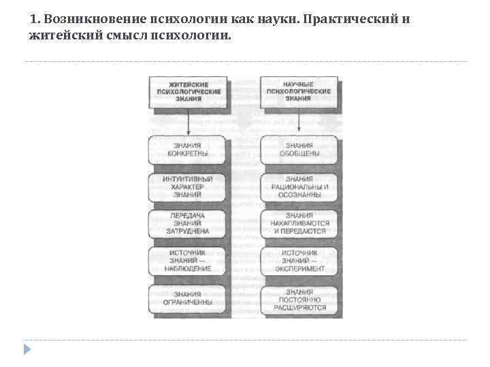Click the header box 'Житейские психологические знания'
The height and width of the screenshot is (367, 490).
[x=187, y=91]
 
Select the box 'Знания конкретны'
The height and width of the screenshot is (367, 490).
[x=187, y=150]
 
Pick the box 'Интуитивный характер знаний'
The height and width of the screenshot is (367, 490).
[x=187, y=187]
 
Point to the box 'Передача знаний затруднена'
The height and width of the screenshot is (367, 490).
[x=187, y=223]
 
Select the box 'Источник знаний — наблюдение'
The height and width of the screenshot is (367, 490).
[x=187, y=261]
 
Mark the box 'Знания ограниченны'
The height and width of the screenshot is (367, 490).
[x=187, y=299]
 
